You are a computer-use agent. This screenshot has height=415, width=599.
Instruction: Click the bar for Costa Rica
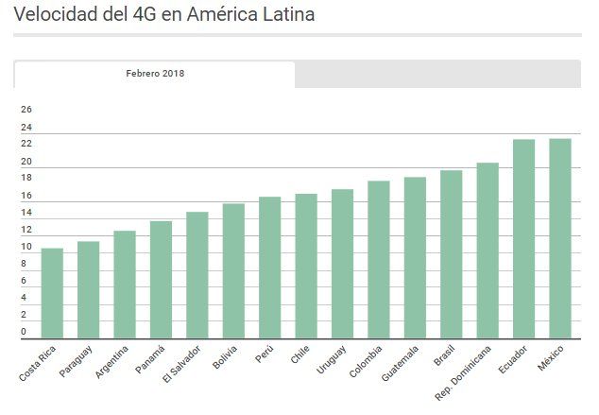(x=52, y=293)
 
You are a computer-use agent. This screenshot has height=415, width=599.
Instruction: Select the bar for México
(x=560, y=238)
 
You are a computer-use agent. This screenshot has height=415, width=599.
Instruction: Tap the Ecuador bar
(x=523, y=238)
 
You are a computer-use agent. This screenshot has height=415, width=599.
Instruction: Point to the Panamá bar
(x=161, y=280)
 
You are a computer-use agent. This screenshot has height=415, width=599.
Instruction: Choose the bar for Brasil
(x=452, y=254)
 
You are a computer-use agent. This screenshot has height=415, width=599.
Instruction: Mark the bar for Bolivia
(x=233, y=270)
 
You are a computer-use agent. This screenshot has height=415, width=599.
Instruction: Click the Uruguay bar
(x=342, y=264)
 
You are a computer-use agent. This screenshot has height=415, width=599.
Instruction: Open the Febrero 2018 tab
(x=155, y=74)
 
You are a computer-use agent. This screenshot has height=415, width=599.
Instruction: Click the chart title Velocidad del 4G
(x=164, y=15)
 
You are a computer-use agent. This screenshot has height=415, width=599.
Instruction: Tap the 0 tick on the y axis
(x=24, y=332)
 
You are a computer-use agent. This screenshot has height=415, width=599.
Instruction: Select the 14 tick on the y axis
(x=26, y=213)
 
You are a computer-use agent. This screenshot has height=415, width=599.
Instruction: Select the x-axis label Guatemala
(x=400, y=365)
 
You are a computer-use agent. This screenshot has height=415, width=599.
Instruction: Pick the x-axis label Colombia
(x=366, y=363)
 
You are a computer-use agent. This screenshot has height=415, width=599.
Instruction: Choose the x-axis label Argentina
(x=111, y=364)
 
